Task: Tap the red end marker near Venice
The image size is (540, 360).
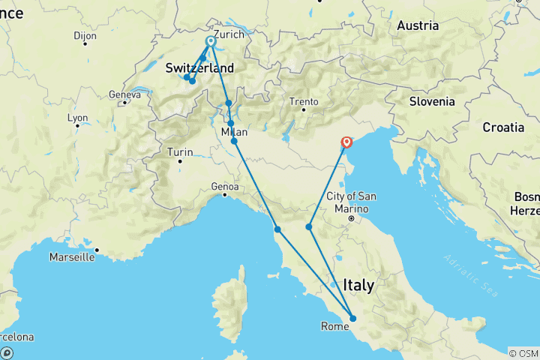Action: click(346, 142)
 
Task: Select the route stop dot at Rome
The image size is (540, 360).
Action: click(352, 319)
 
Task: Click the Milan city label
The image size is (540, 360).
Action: click(234, 132)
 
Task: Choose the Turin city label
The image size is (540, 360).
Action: click(180, 152)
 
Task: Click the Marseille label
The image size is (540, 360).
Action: click(72, 256)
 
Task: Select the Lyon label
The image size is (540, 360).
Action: click(77, 118)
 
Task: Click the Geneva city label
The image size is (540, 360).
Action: click(124, 94)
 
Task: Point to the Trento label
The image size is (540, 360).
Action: click(304, 101)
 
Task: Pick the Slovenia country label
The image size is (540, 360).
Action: click(433, 101)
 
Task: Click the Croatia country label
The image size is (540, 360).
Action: click(503, 127)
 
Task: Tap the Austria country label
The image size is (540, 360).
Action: click(417, 25)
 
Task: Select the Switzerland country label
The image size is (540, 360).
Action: click(199, 68)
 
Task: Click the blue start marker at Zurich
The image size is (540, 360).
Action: click(211, 42)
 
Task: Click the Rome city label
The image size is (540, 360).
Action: click(334, 326)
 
